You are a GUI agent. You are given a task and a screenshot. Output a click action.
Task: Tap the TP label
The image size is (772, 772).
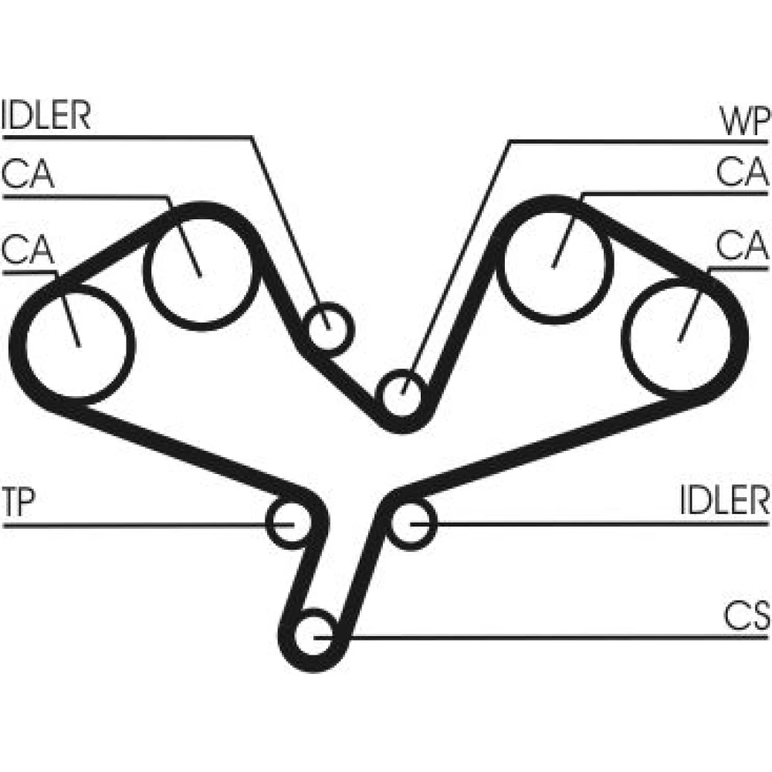[x=18, y=503]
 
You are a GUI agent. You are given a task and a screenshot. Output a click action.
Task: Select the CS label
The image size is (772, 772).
[x=747, y=617]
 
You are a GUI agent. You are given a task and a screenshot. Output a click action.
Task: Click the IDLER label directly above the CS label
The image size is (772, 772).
[x=725, y=501]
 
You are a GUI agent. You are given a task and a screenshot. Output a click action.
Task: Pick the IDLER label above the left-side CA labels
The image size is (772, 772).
[x=46, y=116]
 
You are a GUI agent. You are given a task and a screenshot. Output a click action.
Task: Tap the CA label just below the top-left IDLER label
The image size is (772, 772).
[x=28, y=174]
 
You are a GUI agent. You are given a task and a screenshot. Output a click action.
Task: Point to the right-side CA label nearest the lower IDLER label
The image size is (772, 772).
[x=743, y=247]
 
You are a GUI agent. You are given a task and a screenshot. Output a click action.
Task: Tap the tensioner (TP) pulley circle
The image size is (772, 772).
[x=289, y=523]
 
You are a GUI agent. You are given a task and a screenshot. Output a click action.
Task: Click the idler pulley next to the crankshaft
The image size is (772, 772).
[x=412, y=523]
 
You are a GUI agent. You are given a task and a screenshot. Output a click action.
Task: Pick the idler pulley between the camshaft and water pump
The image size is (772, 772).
[x=327, y=327]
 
